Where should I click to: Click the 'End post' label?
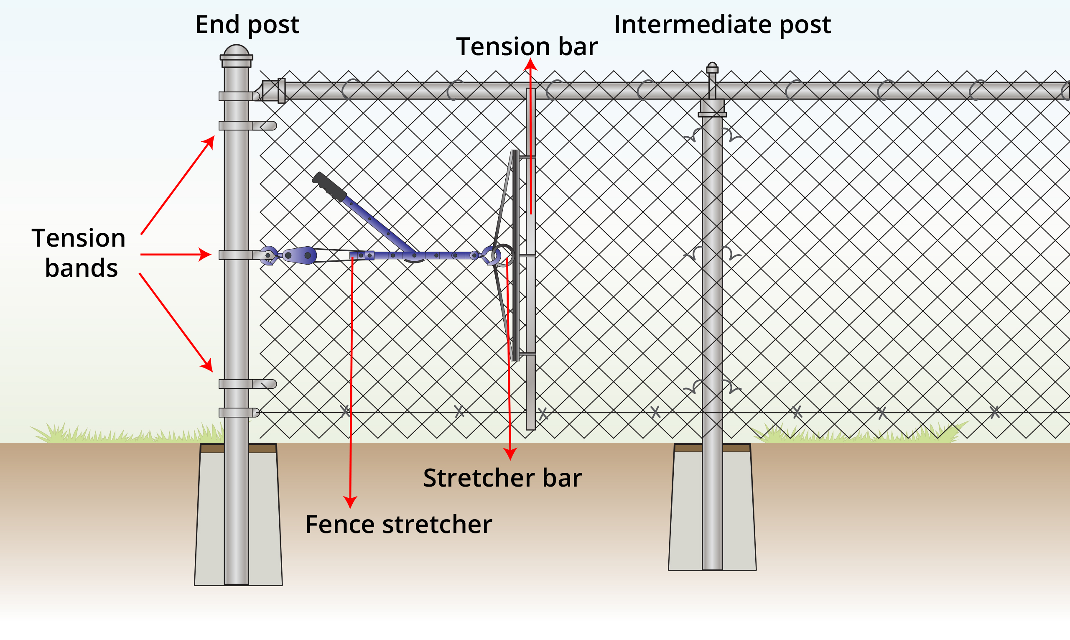pyautogui.click(x=247, y=25)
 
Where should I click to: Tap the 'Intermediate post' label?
pyautogui.click(x=722, y=25)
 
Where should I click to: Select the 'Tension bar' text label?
pyautogui.click(x=526, y=46)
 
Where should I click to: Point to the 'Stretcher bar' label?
pyautogui.click(x=502, y=478)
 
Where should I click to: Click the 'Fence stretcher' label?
pyautogui.click(x=398, y=525)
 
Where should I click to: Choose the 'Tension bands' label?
pyautogui.click(x=79, y=253)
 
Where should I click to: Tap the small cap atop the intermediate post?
pyautogui.click(x=712, y=68)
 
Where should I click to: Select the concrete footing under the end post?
pyautogui.click(x=263, y=518)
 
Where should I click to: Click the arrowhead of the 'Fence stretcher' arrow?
pyautogui.click(x=350, y=502)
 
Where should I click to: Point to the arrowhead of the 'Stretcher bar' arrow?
pyautogui.click(x=510, y=454)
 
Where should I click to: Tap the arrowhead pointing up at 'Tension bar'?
pyautogui.click(x=530, y=65)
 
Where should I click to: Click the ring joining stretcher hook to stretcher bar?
pyautogui.click(x=504, y=255)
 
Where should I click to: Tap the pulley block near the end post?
pyautogui.click(x=299, y=255)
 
